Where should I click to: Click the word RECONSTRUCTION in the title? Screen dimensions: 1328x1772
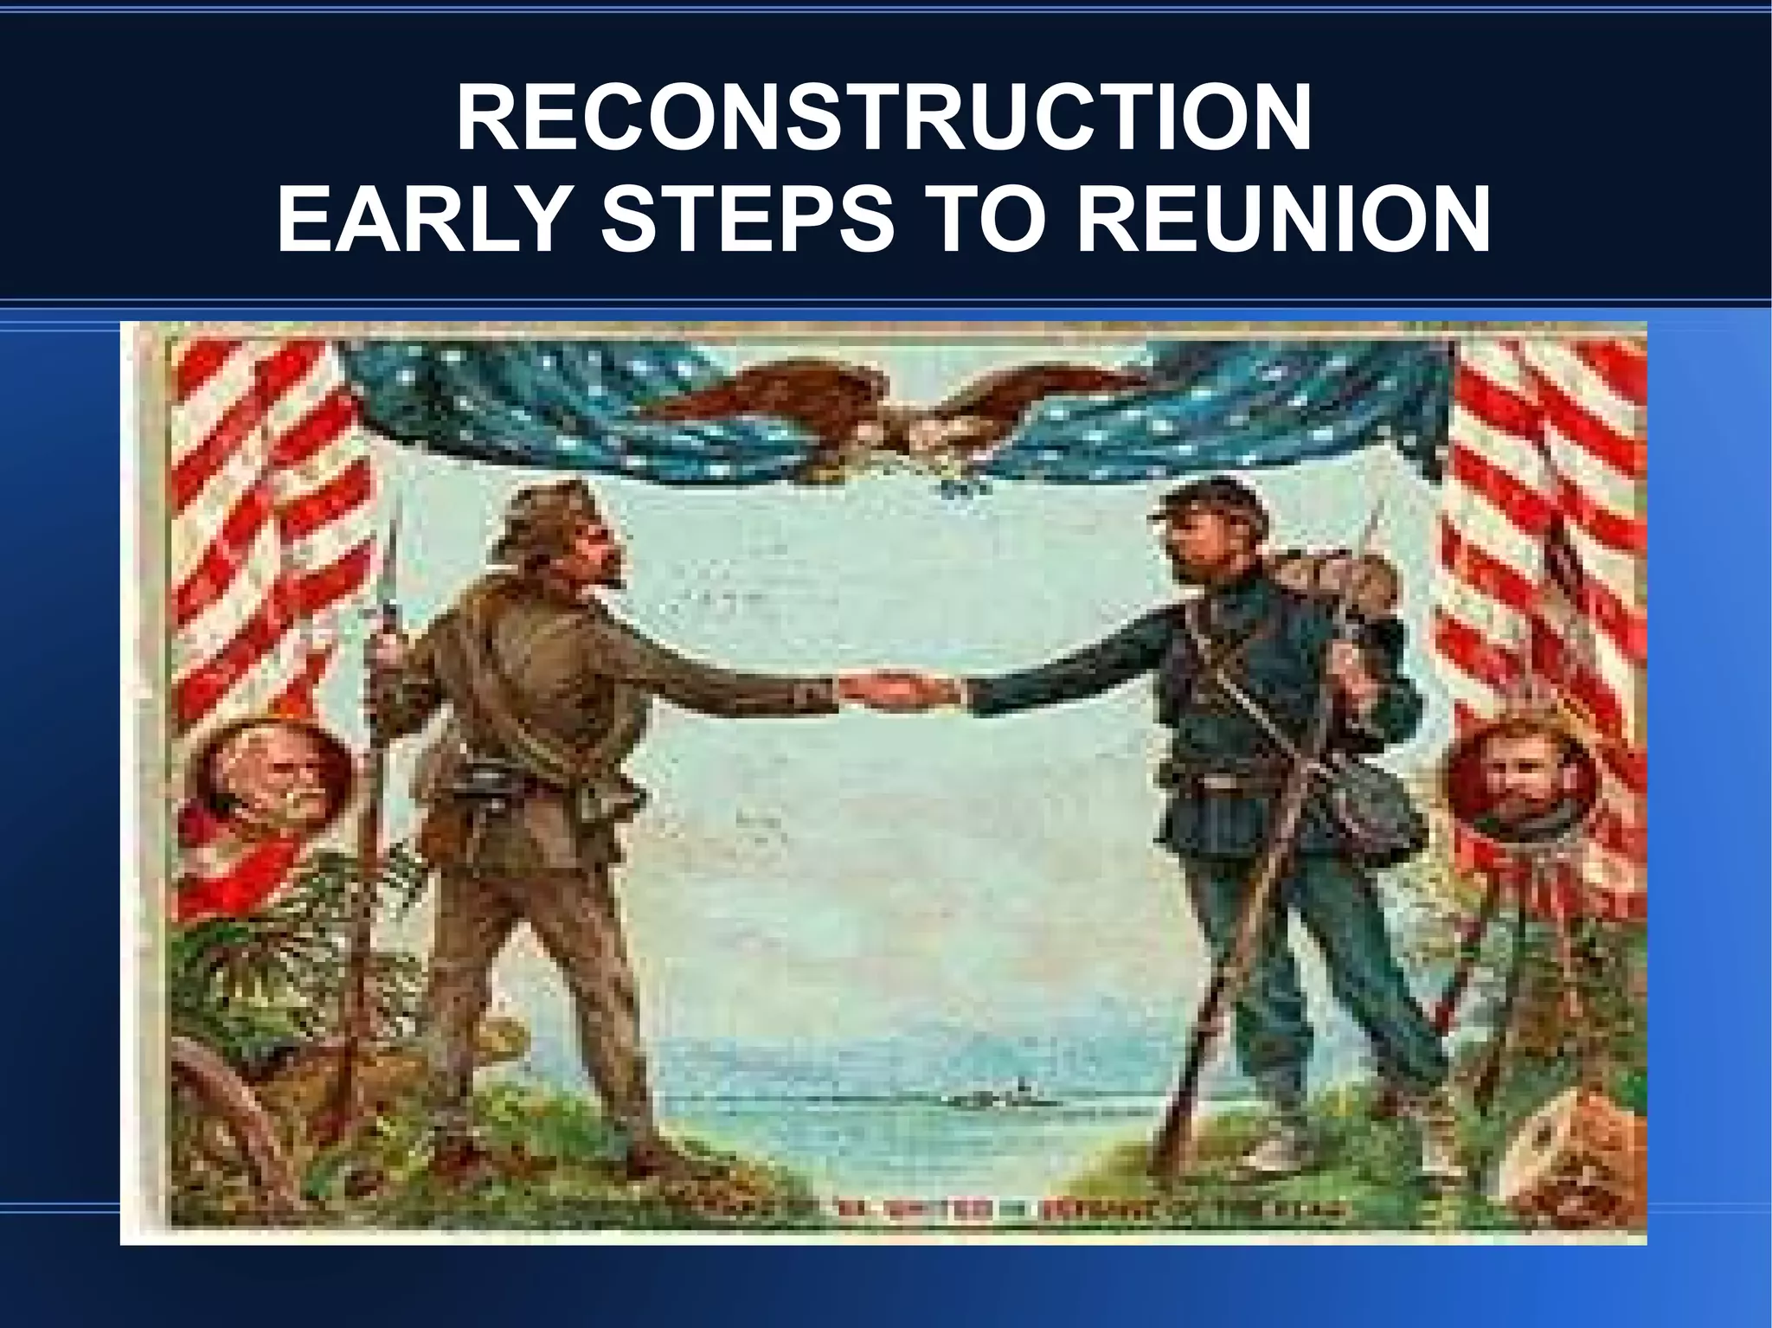(x=883, y=119)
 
